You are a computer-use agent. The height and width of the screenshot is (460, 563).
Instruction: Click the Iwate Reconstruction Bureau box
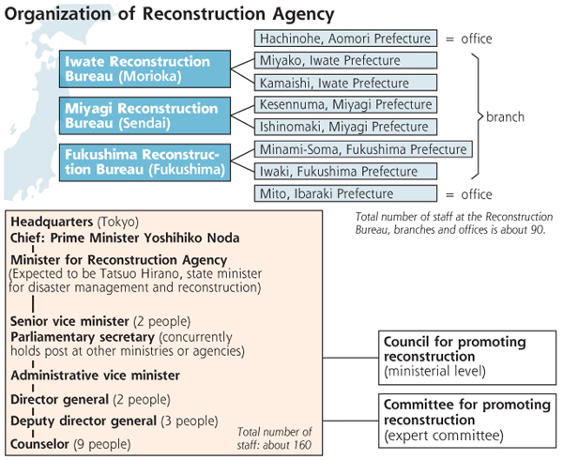click(x=145, y=69)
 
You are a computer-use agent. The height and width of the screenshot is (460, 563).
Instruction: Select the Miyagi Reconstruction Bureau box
click(x=145, y=115)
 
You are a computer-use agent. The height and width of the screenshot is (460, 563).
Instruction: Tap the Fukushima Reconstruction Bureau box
click(x=145, y=162)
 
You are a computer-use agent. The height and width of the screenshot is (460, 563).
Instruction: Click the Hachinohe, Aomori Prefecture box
click(x=345, y=38)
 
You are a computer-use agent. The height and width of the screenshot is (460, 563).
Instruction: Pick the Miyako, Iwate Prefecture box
click(x=345, y=60)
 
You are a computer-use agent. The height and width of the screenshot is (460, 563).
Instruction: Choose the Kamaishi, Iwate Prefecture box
click(x=345, y=83)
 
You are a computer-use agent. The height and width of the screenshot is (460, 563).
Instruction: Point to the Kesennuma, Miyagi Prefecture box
click(x=345, y=105)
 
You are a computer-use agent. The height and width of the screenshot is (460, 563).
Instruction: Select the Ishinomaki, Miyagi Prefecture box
click(x=345, y=127)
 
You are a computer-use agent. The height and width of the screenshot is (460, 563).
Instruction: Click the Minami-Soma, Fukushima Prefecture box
click(x=363, y=149)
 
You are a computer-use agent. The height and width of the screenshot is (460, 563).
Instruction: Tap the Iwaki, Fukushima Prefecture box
click(x=345, y=171)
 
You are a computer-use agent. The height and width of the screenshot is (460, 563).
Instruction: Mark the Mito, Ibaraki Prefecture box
click(x=345, y=193)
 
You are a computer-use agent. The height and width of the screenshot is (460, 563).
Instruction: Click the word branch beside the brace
click(x=505, y=117)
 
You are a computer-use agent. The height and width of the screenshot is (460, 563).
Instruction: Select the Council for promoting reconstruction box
click(x=467, y=358)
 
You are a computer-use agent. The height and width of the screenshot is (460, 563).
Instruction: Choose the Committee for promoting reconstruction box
click(x=467, y=421)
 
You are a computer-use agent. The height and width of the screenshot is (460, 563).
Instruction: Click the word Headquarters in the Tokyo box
click(x=52, y=222)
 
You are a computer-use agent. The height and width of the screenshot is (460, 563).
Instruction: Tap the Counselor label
click(x=39, y=444)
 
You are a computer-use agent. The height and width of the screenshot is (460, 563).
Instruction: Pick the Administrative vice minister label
click(x=95, y=376)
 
